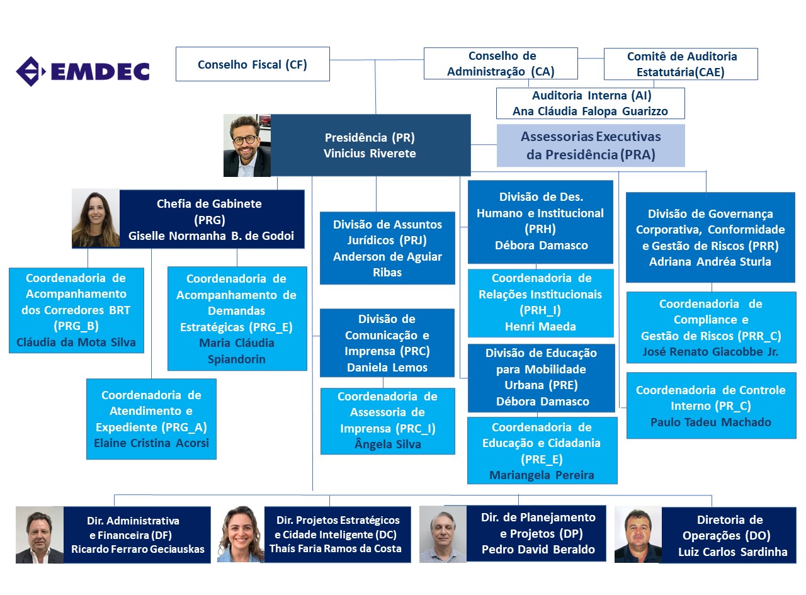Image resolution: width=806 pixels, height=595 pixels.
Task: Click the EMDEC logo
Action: pyautogui.click(x=82, y=71)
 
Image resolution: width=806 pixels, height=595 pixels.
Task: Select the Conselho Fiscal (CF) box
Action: pyautogui.click(x=253, y=64)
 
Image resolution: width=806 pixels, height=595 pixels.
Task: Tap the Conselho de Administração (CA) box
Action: pyautogui.click(x=501, y=64)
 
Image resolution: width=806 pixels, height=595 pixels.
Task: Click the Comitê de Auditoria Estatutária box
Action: pyautogui.click(x=681, y=64)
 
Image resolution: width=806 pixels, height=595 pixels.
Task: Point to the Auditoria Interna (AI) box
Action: pyautogui.click(x=591, y=104)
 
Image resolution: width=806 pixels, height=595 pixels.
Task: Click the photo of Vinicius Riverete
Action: pyautogui.click(x=247, y=145)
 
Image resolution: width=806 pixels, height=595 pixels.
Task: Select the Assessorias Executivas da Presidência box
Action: pyautogui.click(x=591, y=145)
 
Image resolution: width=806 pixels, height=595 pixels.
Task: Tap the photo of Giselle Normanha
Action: pyautogui.click(x=96, y=218)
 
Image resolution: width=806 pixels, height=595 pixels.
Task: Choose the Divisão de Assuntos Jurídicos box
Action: pyautogui.click(x=387, y=248)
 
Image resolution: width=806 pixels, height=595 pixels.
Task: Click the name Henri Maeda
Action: pyautogui.click(x=541, y=327)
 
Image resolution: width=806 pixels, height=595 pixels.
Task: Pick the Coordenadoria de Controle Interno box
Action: pyautogui.click(x=711, y=405)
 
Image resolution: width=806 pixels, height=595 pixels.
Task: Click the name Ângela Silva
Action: pyautogui.click(x=387, y=445)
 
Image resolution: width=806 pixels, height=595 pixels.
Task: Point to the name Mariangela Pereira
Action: pyautogui.click(x=542, y=475)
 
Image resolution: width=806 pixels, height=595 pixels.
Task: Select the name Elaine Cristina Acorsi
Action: pyautogui.click(x=151, y=443)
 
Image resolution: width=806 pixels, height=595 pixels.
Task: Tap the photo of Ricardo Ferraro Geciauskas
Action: pyautogui.click(x=40, y=535)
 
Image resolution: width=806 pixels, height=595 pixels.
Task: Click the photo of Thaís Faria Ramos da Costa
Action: pyautogui.click(x=241, y=535)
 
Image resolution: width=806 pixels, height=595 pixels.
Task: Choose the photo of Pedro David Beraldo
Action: pyautogui.click(x=443, y=534)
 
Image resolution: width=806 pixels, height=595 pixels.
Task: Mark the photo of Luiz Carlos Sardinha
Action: pyautogui.click(x=637, y=535)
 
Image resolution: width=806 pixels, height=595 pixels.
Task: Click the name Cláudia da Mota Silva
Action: pyautogui.click(x=76, y=343)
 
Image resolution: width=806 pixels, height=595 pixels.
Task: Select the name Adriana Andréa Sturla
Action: pyautogui.click(x=710, y=262)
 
